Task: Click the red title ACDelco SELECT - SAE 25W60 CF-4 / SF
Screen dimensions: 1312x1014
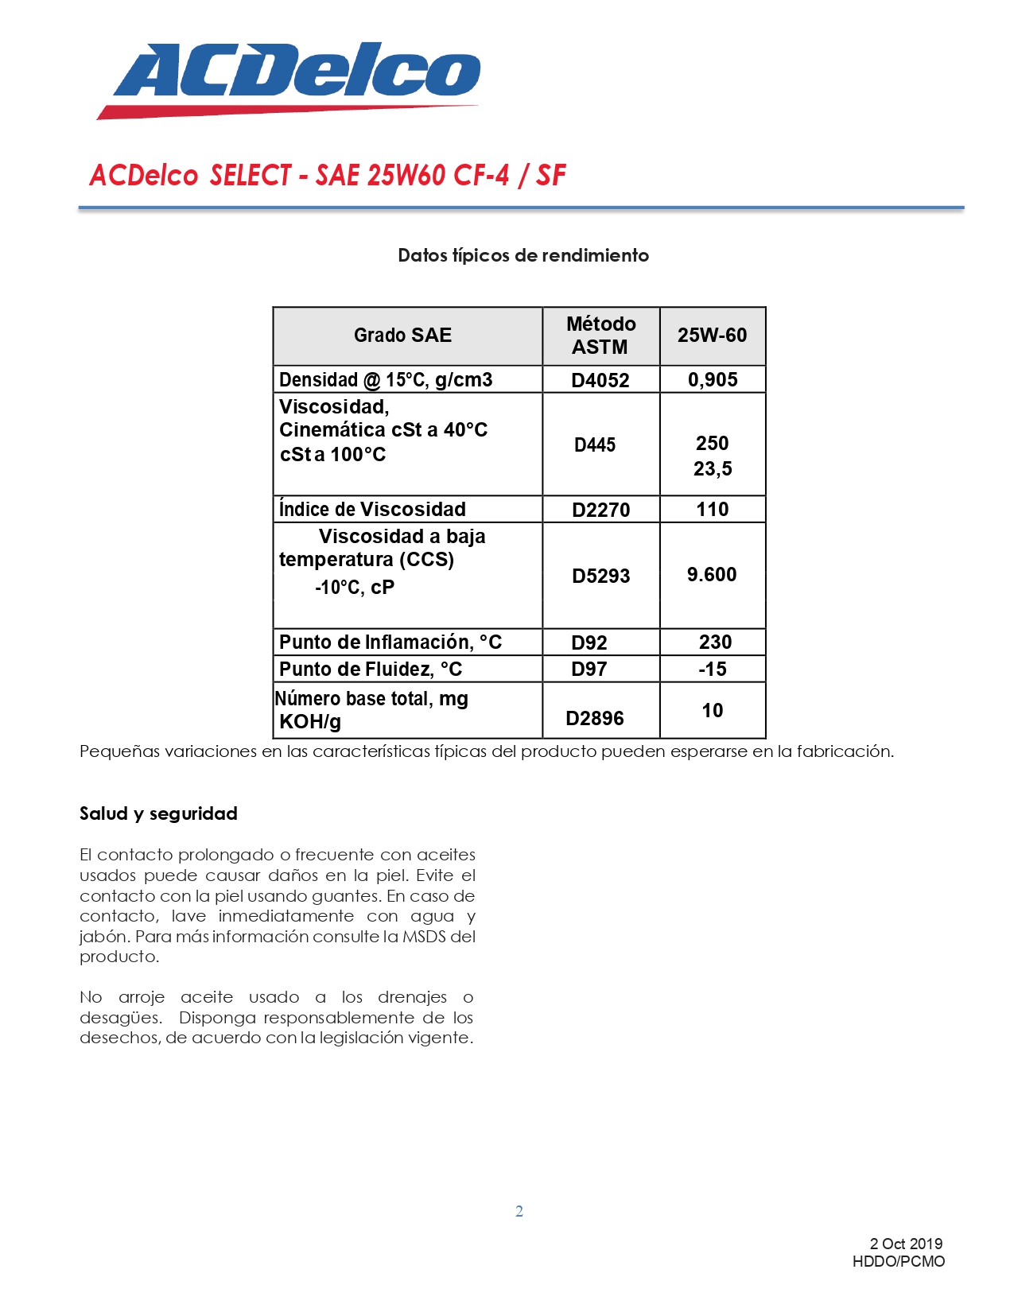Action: (327, 175)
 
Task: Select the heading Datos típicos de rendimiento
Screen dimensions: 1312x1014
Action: (523, 255)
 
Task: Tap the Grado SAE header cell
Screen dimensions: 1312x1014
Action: (402, 336)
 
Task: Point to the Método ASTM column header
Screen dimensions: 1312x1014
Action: (600, 336)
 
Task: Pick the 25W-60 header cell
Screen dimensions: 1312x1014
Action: (712, 336)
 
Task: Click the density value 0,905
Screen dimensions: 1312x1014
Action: (713, 380)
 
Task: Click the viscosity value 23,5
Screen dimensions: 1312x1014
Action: (713, 469)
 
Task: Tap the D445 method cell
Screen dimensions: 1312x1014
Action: (595, 445)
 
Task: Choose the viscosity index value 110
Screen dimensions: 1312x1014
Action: (712, 510)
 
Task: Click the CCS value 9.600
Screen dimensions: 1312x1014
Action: (712, 575)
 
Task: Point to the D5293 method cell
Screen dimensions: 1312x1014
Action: (600, 576)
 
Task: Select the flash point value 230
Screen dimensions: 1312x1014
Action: (715, 642)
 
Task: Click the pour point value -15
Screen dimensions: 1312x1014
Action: (713, 670)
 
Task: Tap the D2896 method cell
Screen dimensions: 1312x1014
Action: (595, 719)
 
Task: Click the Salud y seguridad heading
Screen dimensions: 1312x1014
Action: (158, 813)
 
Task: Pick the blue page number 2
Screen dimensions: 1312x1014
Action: (519, 1211)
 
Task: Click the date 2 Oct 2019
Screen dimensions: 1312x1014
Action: (906, 1244)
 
